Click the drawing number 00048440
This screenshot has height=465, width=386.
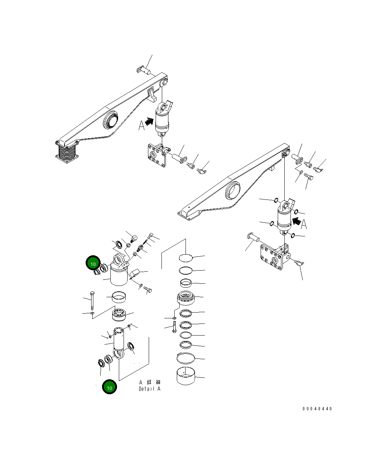317,409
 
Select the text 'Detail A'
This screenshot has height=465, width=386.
149,389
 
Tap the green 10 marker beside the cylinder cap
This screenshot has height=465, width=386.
93,263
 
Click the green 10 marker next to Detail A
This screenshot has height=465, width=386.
109,387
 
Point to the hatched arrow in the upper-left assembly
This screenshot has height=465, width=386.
149,121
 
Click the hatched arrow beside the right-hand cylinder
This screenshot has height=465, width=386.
297,221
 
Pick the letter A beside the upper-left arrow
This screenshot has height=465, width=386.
141,126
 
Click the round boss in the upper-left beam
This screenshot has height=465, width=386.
111,120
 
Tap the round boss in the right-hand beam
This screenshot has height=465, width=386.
233,190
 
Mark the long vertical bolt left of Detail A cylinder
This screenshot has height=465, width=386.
92,301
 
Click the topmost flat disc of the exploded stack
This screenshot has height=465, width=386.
186,258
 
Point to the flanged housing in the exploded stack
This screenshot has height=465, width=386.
186,298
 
